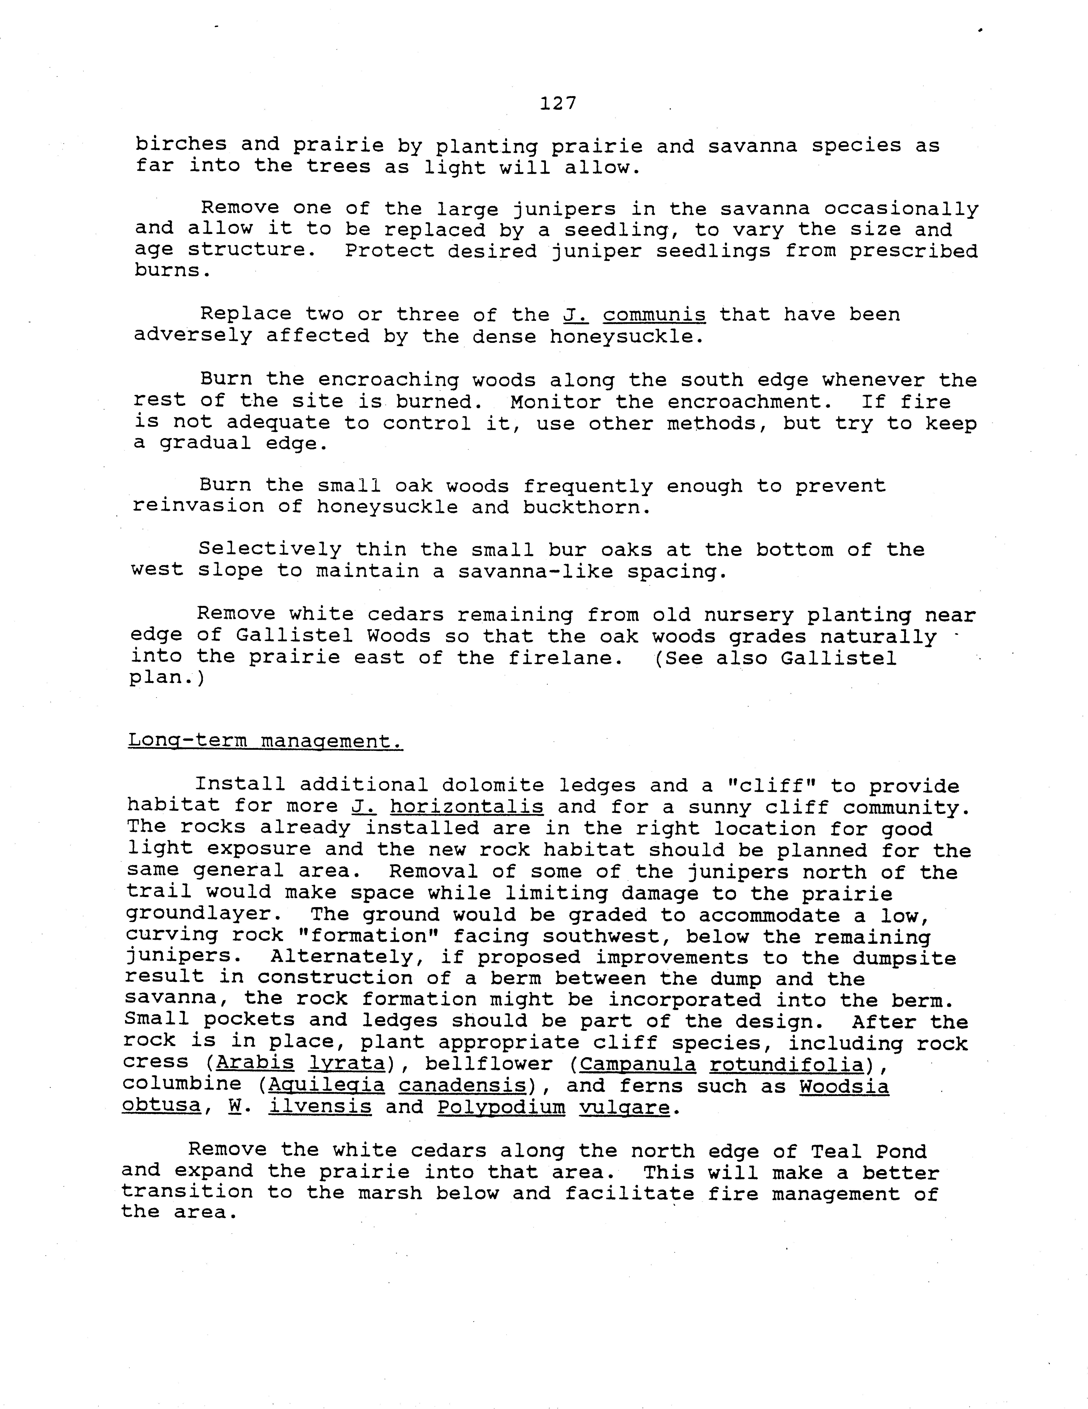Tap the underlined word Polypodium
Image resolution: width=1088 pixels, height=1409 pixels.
pos(501,1107)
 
